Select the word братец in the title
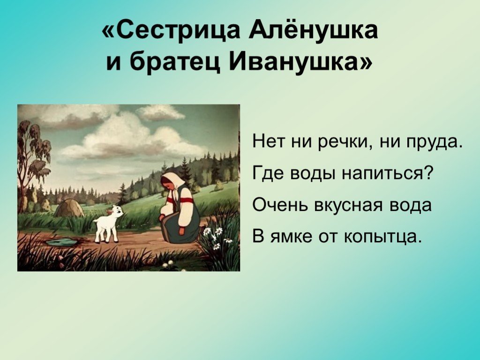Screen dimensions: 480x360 click(x=173, y=63)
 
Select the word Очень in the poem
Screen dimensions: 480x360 click(x=280, y=205)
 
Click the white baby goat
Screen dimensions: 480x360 click(x=108, y=224)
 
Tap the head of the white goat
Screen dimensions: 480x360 click(x=116, y=211)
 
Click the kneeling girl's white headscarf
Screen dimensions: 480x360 click(x=173, y=183)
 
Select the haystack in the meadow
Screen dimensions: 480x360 click(x=68, y=208)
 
